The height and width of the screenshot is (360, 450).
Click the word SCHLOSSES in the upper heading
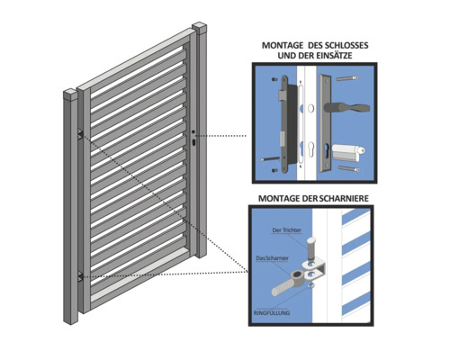pyautogui.click(x=344, y=46)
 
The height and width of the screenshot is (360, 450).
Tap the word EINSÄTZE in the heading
pyautogui.click(x=333, y=56)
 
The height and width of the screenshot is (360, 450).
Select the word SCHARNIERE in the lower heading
pyautogui.click(x=344, y=199)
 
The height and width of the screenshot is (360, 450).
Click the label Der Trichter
pyautogui.click(x=286, y=230)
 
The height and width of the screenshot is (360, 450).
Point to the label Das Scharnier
pyautogui.click(x=272, y=258)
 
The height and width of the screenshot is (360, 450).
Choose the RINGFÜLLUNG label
pyautogui.click(x=272, y=313)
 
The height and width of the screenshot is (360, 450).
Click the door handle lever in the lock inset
pyautogui.click(x=346, y=107)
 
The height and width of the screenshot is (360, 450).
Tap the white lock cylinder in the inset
pyautogui.click(x=348, y=151)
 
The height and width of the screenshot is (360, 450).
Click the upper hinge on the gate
pyautogui.click(x=80, y=134)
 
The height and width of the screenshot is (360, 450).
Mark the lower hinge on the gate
pyautogui.click(x=80, y=276)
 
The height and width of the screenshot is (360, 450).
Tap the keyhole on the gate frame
pyautogui.click(x=193, y=142)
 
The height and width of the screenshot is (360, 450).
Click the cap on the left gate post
pyautogui.click(x=70, y=94)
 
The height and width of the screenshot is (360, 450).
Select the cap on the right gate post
pyautogui.click(x=200, y=28)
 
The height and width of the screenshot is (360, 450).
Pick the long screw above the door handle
pyautogui.click(x=347, y=78)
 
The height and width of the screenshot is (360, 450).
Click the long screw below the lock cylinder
pyautogui.click(x=349, y=168)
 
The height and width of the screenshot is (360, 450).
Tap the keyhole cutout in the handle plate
pyautogui.click(x=327, y=148)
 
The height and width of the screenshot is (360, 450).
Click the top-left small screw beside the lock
pyautogui.click(x=274, y=79)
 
